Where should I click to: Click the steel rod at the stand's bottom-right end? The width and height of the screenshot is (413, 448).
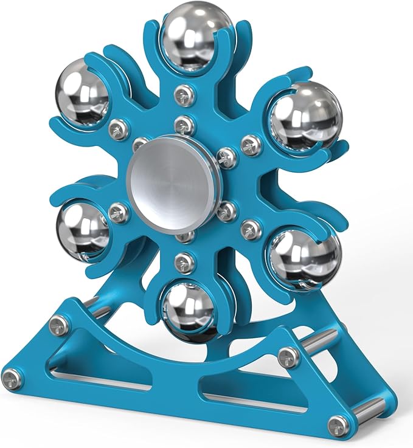[371, 409]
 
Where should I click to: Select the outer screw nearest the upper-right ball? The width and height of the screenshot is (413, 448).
[251, 145]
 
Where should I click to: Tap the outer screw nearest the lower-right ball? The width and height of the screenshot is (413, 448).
[249, 229]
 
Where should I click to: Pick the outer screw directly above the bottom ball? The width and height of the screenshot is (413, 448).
[183, 262]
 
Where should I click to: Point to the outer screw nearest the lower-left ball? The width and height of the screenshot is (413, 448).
[119, 212]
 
